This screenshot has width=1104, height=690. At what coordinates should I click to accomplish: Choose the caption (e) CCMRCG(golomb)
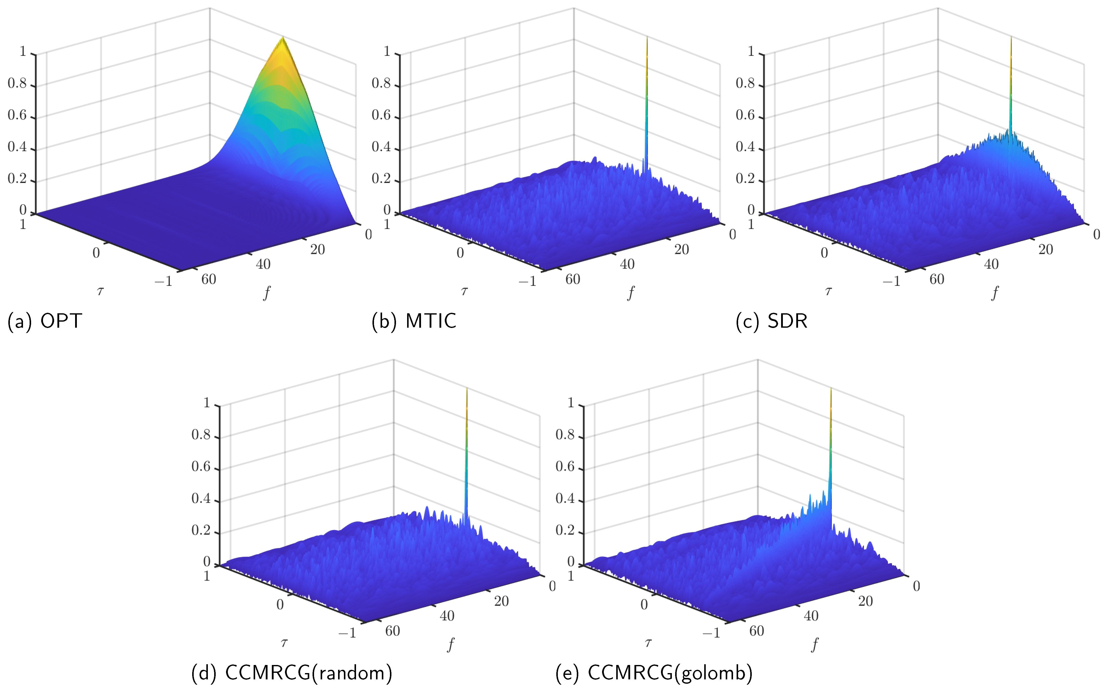point(654,673)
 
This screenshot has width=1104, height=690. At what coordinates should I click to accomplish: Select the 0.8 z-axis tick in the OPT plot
point(17,84)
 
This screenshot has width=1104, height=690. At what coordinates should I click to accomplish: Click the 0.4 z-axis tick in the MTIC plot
point(381,147)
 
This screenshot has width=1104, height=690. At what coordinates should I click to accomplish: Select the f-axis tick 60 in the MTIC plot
point(572,279)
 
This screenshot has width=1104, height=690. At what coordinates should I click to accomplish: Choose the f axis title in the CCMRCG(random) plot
point(451,644)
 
